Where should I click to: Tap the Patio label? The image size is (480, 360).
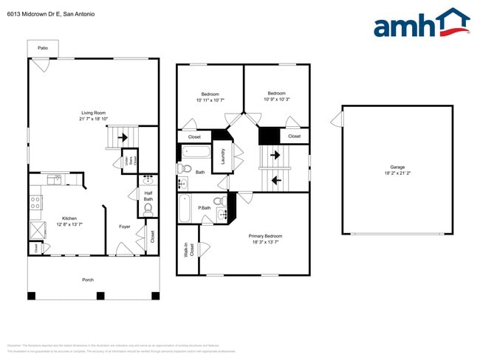[x=44, y=48]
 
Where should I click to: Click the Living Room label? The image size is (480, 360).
[x=94, y=113]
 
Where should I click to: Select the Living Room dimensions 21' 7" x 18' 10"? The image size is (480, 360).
[x=94, y=119]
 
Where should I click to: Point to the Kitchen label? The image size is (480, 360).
[x=69, y=218]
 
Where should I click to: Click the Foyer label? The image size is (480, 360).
[x=125, y=226]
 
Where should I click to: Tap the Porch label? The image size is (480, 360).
[x=88, y=280]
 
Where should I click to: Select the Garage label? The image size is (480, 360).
[x=397, y=167]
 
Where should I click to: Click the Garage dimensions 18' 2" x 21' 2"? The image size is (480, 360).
[x=397, y=173]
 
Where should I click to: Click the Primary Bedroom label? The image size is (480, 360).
[x=265, y=236]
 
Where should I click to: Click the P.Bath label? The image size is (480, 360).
[x=205, y=208]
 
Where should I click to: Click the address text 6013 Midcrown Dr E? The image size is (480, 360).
[x=30, y=14]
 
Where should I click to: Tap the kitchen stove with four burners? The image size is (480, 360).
[x=35, y=201]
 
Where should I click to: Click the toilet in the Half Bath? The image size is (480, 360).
[x=148, y=210]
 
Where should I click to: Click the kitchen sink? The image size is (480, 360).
[x=55, y=179]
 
